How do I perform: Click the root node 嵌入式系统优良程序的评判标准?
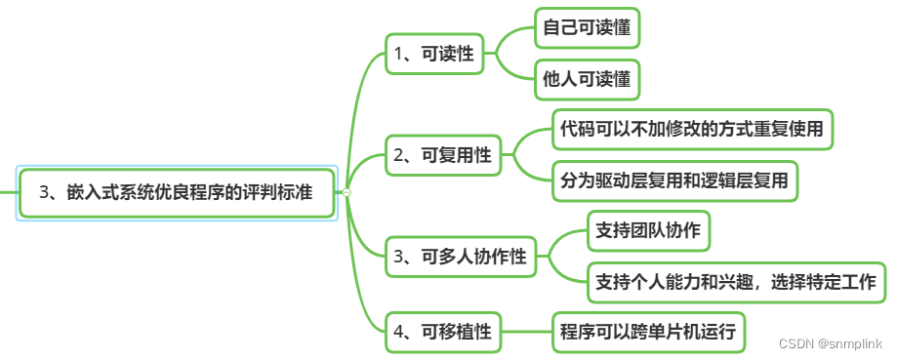(x=177, y=192)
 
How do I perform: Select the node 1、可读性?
(x=433, y=54)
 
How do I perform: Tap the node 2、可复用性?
(x=441, y=154)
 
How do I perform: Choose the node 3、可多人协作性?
(x=460, y=258)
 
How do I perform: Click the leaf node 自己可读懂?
(x=587, y=28)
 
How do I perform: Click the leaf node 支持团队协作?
(x=648, y=231)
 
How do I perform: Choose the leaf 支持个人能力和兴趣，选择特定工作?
(x=736, y=283)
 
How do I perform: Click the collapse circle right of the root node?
(x=347, y=192)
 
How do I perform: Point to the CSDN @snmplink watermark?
(x=830, y=344)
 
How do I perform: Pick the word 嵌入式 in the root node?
(x=86, y=192)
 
